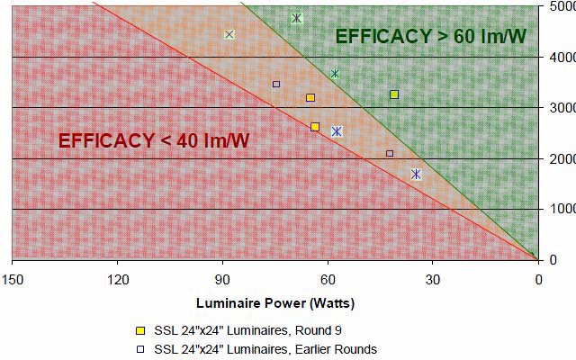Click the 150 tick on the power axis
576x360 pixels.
(x=12, y=279)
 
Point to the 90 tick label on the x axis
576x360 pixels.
(x=222, y=279)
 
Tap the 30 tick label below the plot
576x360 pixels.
(x=433, y=279)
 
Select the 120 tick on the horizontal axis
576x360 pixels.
(x=117, y=279)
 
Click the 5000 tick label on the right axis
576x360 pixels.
(x=561, y=7)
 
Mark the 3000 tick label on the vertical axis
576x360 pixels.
(x=561, y=108)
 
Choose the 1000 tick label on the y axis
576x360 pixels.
(x=561, y=210)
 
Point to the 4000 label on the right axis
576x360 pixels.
(x=561, y=58)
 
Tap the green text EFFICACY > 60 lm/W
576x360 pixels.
(x=430, y=37)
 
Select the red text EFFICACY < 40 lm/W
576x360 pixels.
(x=154, y=140)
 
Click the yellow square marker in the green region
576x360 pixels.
(x=394, y=94)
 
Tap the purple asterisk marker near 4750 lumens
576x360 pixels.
(x=296, y=18)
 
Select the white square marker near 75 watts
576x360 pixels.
(x=276, y=84)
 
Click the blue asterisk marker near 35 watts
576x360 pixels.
(x=416, y=175)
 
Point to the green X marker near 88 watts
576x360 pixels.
(x=229, y=35)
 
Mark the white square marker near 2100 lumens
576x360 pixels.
(x=390, y=154)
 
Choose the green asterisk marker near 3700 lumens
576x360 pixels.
(x=335, y=74)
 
